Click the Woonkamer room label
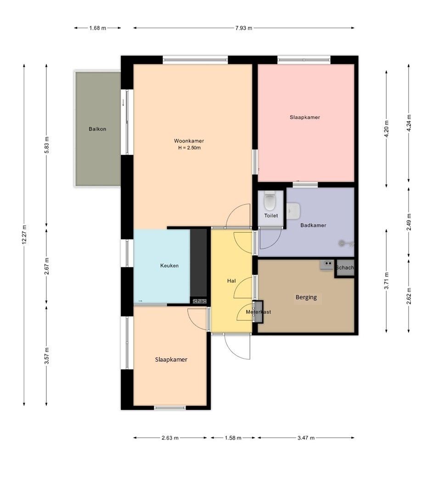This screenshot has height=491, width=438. [189, 141]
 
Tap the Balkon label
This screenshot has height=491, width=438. [97, 129]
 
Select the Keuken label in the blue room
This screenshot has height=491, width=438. [169, 266]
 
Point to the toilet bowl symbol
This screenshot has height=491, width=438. [270, 201]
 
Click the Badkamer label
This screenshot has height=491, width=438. [313, 225]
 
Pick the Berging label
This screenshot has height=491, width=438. [306, 297]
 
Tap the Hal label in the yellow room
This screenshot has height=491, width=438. [231, 281]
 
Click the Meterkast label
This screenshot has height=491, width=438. [258, 312]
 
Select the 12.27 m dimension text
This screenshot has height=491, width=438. [24, 235]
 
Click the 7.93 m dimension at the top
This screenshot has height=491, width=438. [244, 28]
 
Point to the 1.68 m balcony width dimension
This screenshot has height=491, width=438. [97, 28]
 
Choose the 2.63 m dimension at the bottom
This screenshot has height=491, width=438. [170, 438]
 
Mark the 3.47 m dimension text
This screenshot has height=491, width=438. [306, 438]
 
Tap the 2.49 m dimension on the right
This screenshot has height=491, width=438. [409, 222]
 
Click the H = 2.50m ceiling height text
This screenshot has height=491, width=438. [190, 148]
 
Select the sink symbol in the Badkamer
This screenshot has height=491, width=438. [293, 211]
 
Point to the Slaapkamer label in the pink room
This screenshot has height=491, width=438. [305, 117]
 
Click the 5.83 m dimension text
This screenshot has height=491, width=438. [46, 145]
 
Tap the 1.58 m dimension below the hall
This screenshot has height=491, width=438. [233, 438]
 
